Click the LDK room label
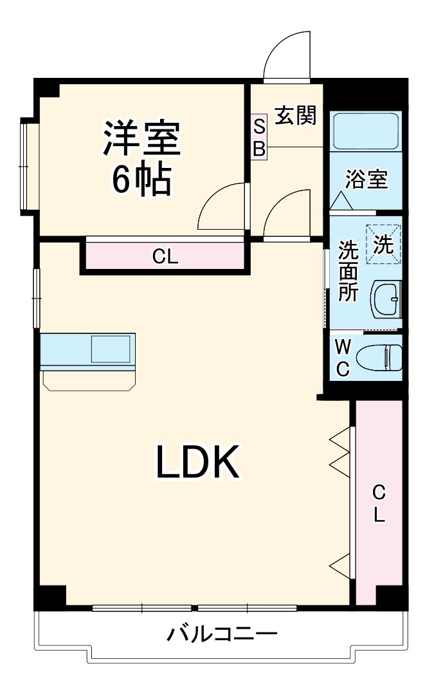point(197,462)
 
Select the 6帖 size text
point(141,180)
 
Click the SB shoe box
point(258,137)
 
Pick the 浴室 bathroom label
point(366,180)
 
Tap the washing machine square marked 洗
point(384,244)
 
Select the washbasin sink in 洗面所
point(387,299)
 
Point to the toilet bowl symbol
point(379,357)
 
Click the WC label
point(343,358)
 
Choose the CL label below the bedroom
point(165,257)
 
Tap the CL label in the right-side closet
point(379,503)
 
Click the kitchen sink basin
point(110,350)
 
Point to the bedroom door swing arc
point(221,206)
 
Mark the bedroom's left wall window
point(26,166)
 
